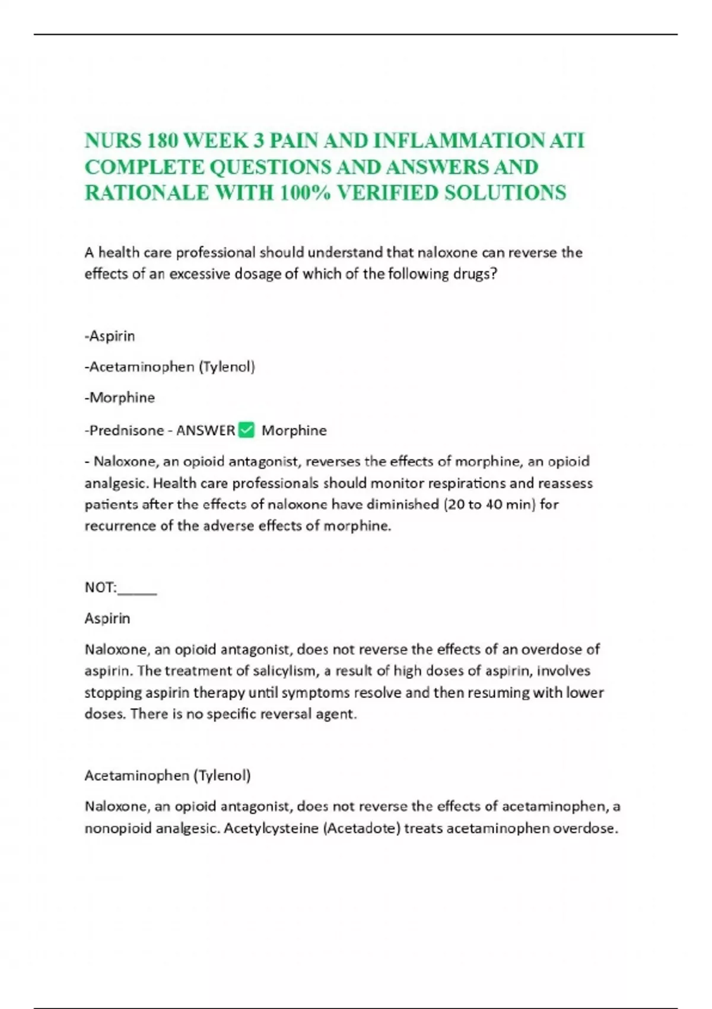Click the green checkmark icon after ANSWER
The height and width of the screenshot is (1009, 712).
coord(246,430)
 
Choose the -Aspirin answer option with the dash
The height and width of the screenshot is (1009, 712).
coord(110,336)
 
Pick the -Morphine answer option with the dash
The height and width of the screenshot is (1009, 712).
coord(120,398)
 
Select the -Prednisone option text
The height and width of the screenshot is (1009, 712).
coord(124,430)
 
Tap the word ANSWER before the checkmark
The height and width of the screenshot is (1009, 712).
coord(206,430)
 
